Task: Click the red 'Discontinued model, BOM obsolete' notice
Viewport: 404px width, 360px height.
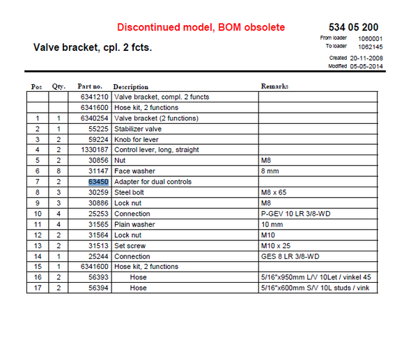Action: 201,27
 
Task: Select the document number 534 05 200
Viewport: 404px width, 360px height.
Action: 355,26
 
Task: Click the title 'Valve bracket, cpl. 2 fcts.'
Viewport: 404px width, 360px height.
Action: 93,48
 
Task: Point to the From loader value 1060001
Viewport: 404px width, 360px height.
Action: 370,38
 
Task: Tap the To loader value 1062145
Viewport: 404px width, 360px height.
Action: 370,47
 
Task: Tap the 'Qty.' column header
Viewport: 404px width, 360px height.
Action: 58,87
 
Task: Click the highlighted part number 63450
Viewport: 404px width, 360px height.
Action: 98,182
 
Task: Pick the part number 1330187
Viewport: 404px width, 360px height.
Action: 94,150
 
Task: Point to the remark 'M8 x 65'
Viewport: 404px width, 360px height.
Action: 273,192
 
